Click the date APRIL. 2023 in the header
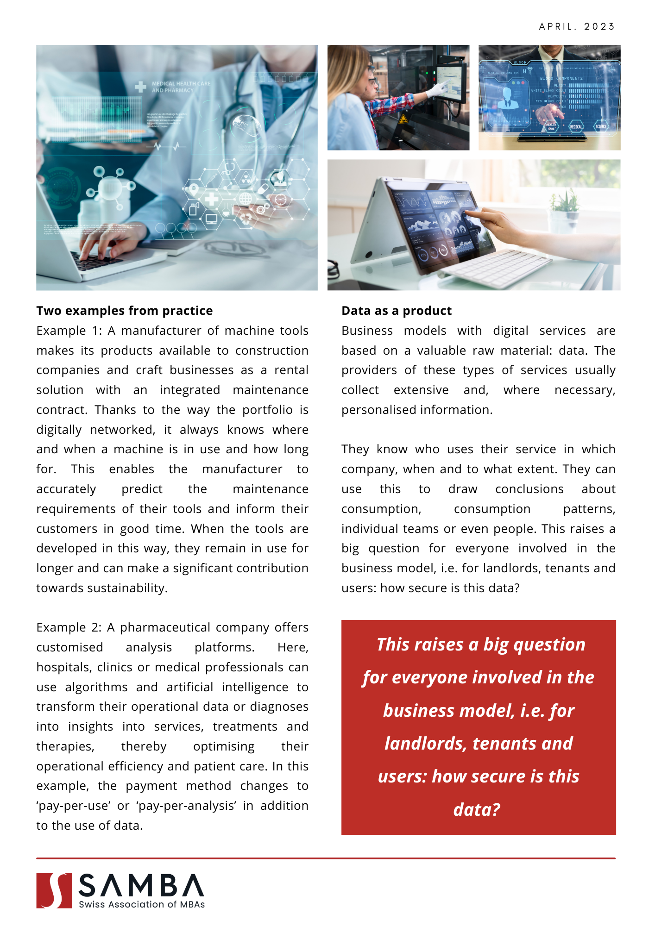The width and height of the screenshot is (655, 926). pyautogui.click(x=577, y=26)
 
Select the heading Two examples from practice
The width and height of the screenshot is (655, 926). pyautogui.click(x=125, y=311)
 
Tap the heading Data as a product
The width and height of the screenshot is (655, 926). pyautogui.click(x=397, y=311)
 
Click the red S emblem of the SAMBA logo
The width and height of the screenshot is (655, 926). pyautogui.click(x=54, y=890)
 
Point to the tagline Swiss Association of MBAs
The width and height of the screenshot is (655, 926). pyautogui.click(x=142, y=905)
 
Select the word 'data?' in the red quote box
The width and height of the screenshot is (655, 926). pyautogui.click(x=477, y=810)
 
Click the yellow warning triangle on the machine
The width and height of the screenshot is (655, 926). pyautogui.click(x=403, y=119)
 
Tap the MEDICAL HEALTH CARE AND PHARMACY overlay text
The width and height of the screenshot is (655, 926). pyautogui.click(x=181, y=87)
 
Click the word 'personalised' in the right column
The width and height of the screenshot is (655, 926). pyautogui.click(x=380, y=410)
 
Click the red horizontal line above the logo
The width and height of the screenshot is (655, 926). pyautogui.click(x=326, y=858)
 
